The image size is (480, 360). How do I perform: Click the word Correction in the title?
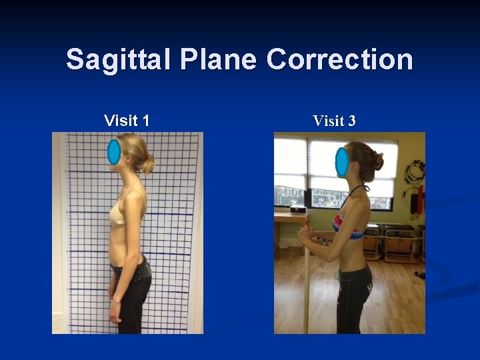[x=339, y=60]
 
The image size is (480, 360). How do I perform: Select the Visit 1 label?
[x=127, y=121]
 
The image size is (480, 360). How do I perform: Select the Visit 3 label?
[x=334, y=121]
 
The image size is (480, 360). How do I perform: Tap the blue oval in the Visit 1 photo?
[x=114, y=152]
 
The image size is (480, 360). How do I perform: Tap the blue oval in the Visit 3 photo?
[x=342, y=162]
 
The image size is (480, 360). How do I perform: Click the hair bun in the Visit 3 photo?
[x=378, y=161]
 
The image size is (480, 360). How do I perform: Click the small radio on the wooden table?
[x=298, y=209]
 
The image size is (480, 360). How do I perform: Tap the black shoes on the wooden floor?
[x=419, y=274]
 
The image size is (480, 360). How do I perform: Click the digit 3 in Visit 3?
[x=351, y=121]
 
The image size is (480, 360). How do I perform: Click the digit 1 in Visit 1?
[x=145, y=121]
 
